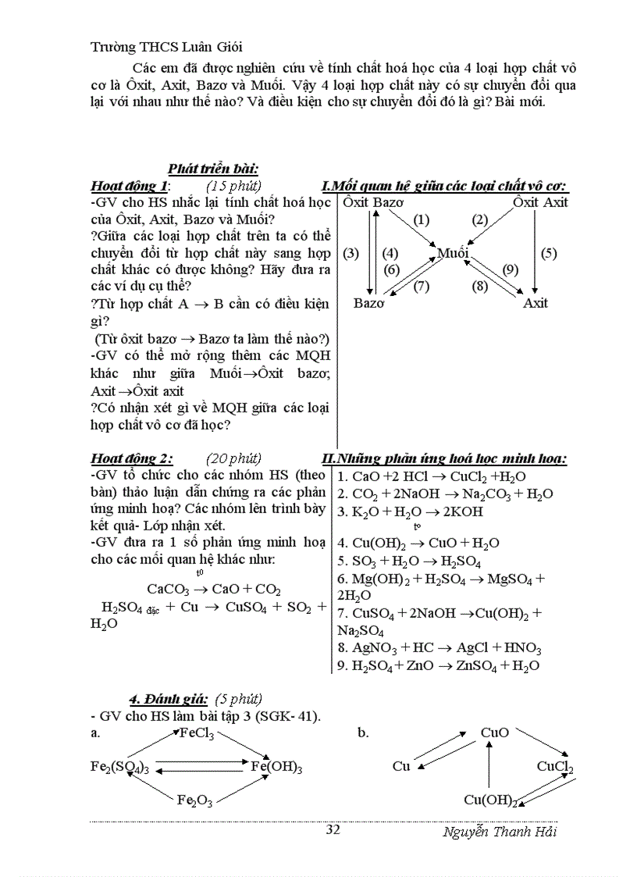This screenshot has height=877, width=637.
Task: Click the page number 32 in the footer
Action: [333, 829]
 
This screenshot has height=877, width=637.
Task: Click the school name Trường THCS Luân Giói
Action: [172, 47]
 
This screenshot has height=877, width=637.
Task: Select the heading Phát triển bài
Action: [213, 169]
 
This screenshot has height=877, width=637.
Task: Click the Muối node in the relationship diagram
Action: [453, 253]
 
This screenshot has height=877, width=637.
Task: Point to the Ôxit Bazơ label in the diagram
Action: [372, 203]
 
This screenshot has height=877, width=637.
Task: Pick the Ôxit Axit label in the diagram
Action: [540, 203]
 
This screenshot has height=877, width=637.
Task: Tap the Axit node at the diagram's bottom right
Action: [536, 303]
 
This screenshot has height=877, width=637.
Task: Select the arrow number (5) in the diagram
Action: [549, 252]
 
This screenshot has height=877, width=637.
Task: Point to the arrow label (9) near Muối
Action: [510, 269]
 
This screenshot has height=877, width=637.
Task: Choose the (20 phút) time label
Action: [234, 458]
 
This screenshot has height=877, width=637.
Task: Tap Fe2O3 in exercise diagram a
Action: [194, 800]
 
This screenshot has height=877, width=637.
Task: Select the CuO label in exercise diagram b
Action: [495, 733]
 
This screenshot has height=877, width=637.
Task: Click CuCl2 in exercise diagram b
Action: [554, 767]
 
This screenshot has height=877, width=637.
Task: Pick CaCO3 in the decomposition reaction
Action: [168, 589]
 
